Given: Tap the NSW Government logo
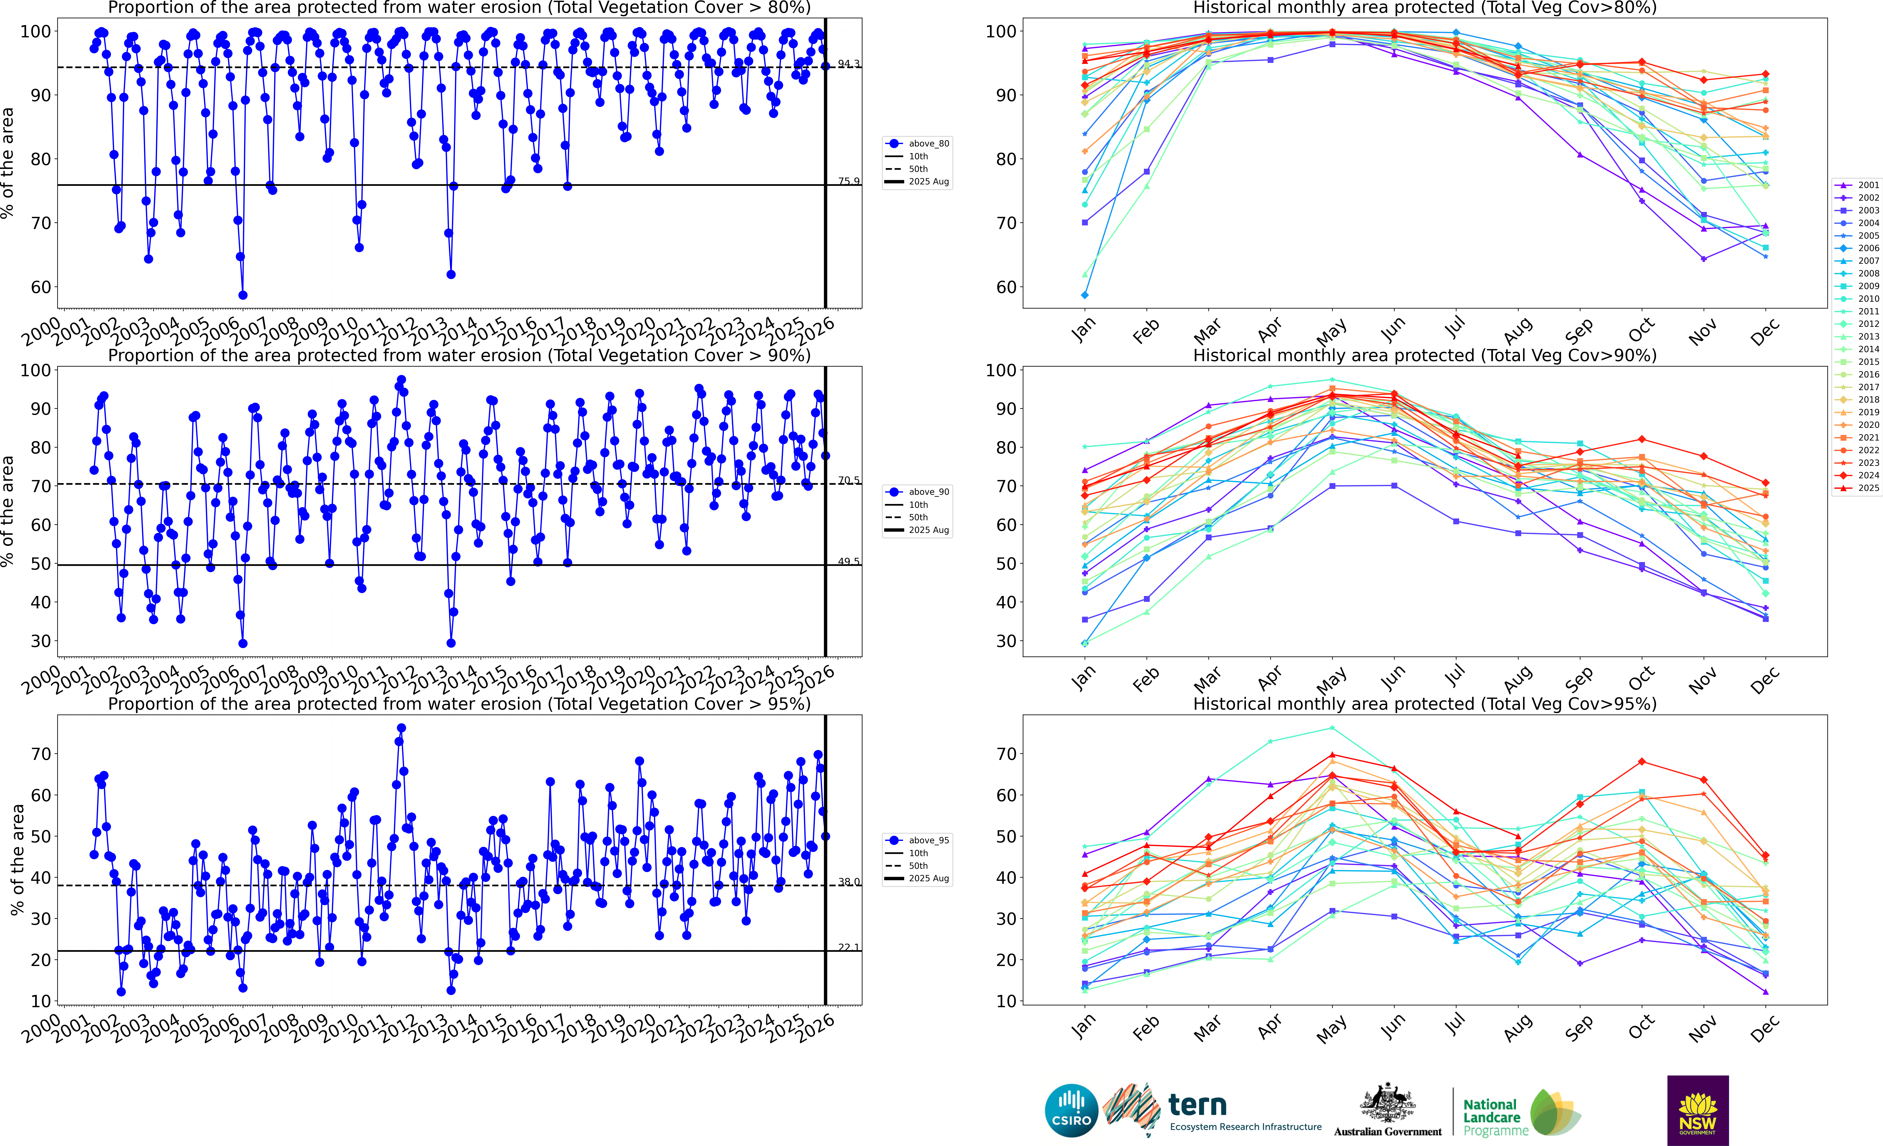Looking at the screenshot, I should click(1697, 1110).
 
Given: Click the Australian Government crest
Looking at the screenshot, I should click(1387, 1102).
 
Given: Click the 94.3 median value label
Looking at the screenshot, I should click(848, 63).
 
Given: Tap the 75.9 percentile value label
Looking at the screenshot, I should click(848, 181).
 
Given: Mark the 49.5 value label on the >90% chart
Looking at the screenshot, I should click(848, 561).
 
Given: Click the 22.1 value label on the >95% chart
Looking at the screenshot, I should click(848, 947).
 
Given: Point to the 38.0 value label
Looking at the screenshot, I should click(848, 882).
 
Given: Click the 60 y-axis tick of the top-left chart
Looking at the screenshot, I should click(41, 287).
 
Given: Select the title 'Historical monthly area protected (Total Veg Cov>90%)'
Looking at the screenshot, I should click(1425, 355).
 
